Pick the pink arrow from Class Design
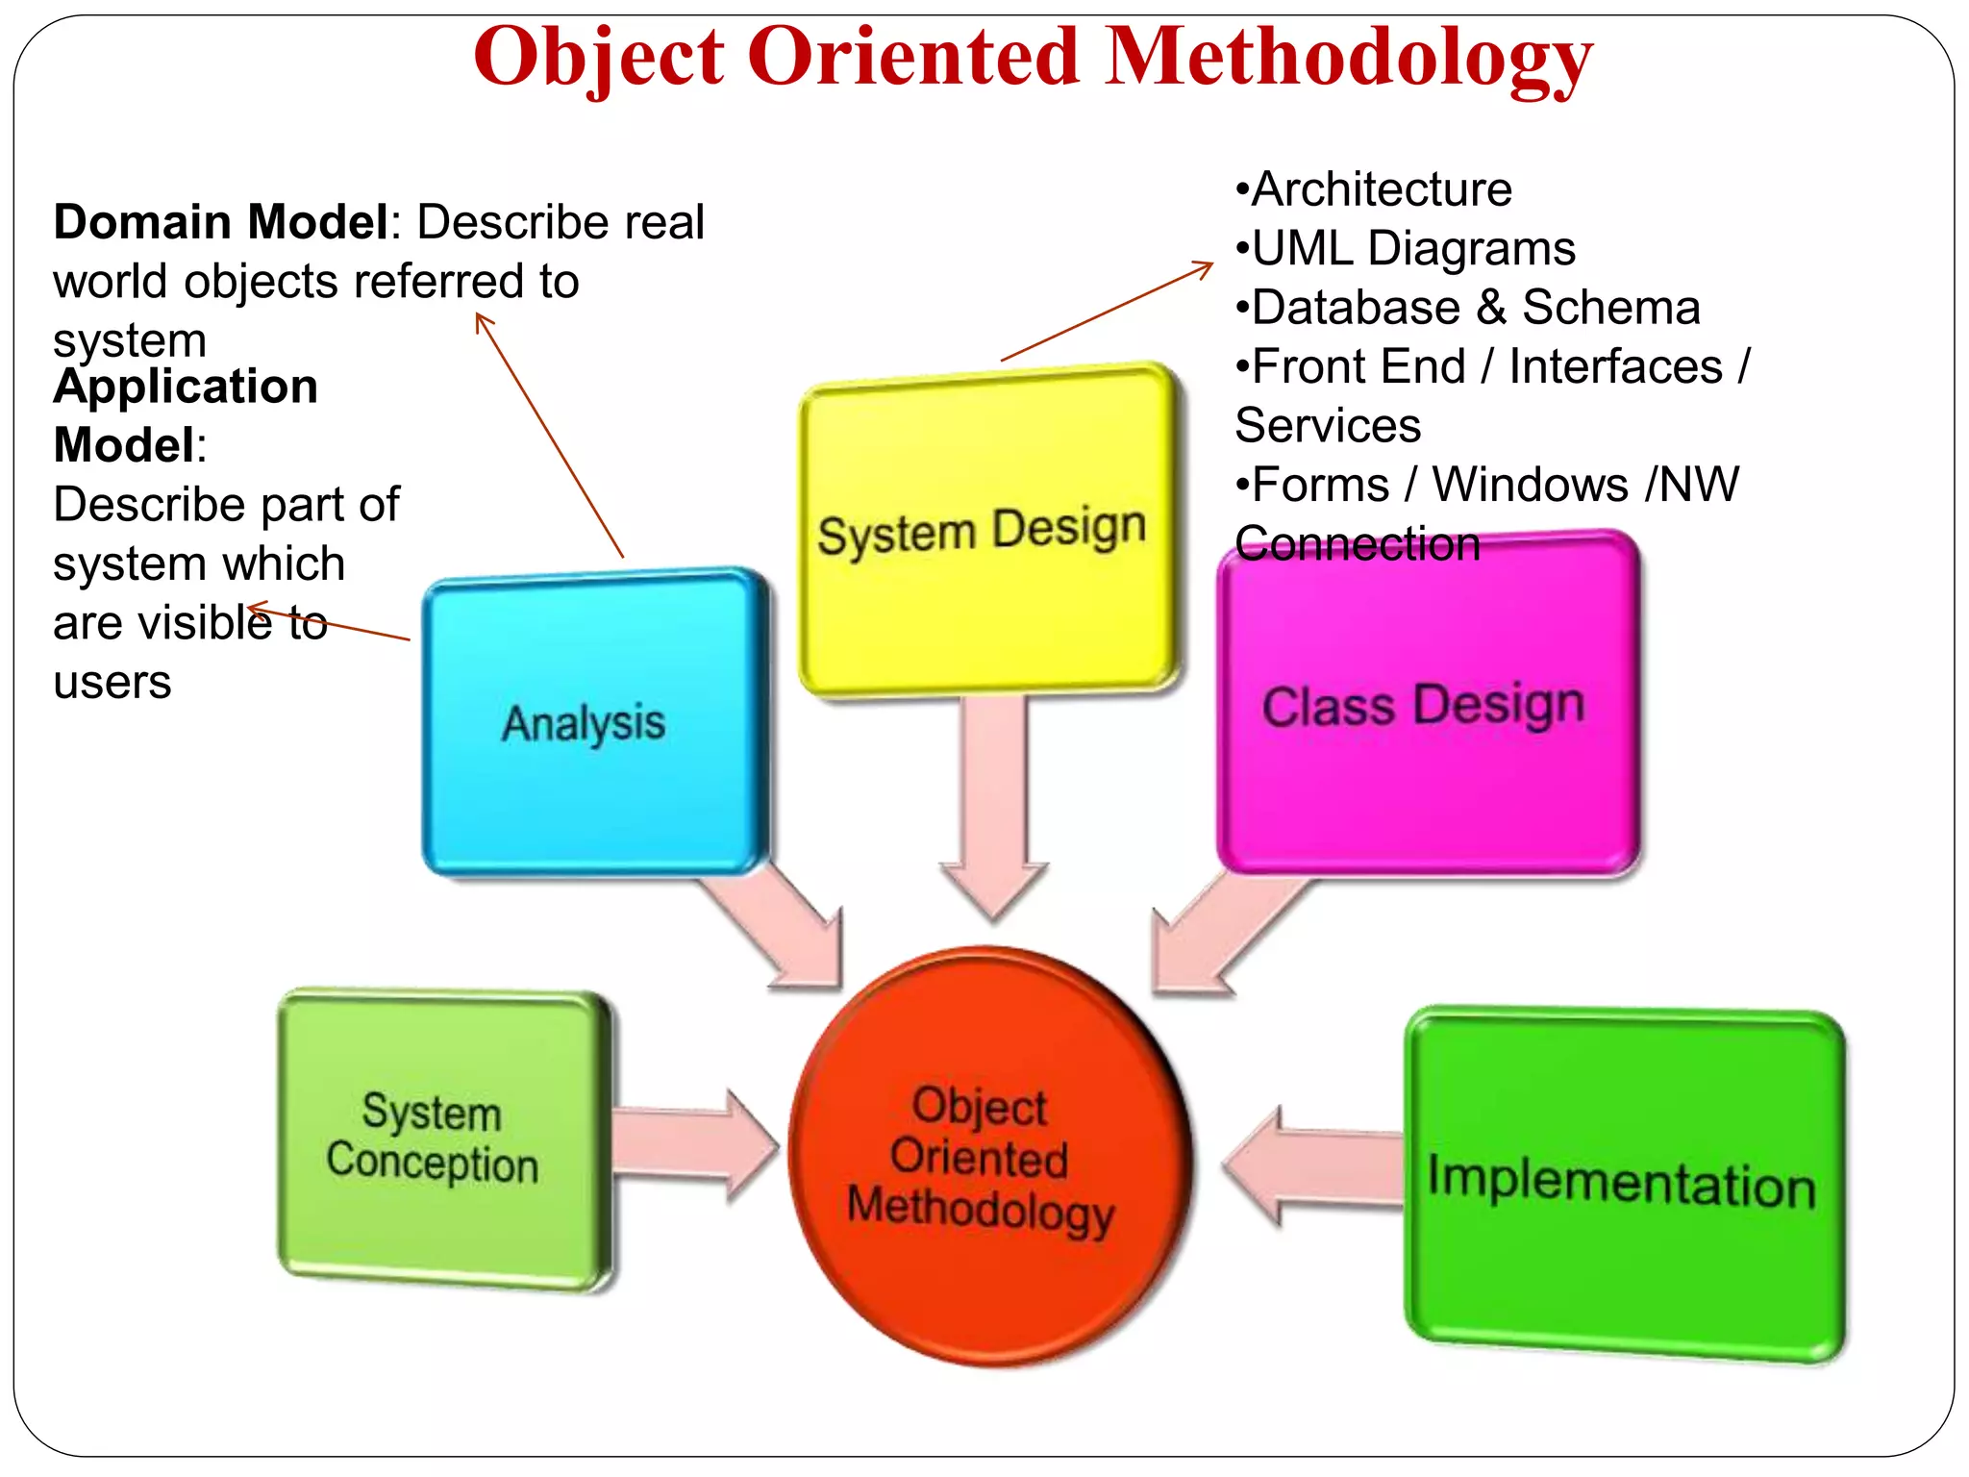point(1221,933)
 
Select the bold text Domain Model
point(220,222)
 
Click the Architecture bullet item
point(1375,189)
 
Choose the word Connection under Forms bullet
point(1357,544)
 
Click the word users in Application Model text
point(112,683)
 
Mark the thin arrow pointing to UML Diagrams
point(1106,312)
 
